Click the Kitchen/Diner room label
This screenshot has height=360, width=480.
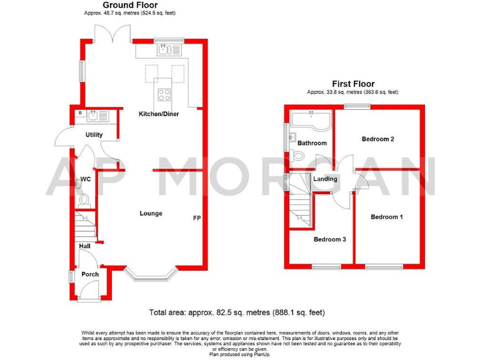159,114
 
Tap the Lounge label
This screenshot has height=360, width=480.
151,214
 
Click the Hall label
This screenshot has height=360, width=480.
84,246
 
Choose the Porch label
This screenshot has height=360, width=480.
90,274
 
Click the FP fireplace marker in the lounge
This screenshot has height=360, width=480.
196,218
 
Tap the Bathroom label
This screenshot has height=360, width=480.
312,143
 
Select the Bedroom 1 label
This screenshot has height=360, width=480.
387,217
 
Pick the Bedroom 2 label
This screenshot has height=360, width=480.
377,139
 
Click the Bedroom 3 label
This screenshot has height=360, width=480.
330,239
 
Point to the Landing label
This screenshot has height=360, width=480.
326,179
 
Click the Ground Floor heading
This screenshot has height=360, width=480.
129,4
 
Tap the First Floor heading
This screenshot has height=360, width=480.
352,84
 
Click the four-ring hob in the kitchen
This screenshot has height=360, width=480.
164,95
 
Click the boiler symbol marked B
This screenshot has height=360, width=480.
81,113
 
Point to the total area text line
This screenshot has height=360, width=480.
237,312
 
